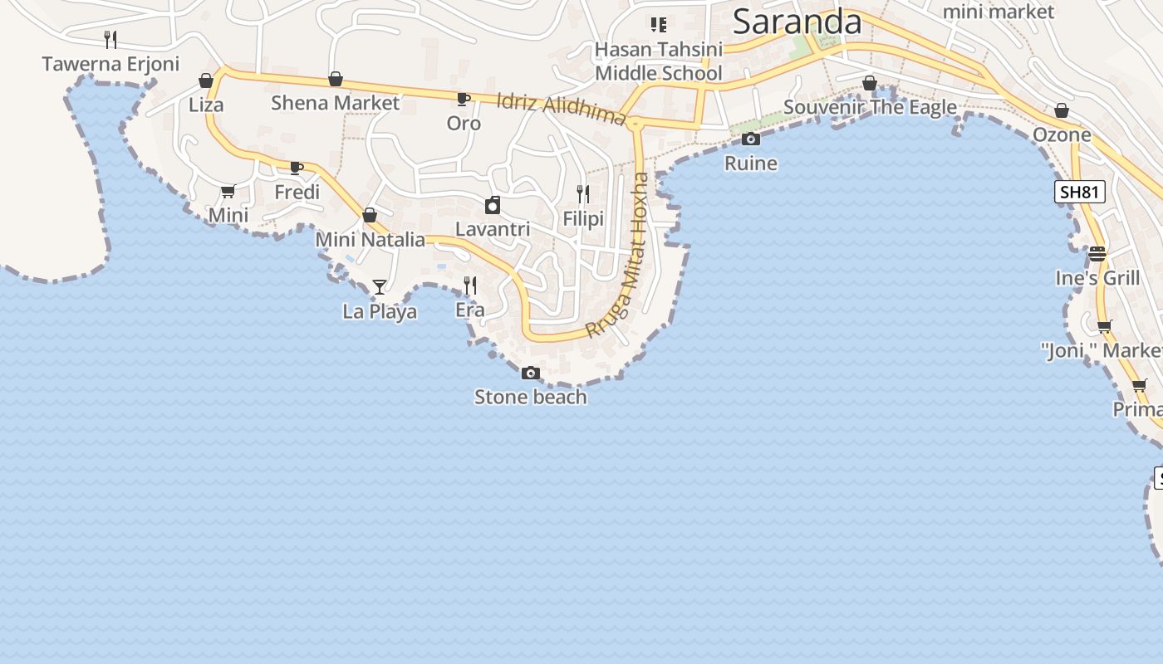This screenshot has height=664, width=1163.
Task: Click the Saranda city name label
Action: coord(797,22)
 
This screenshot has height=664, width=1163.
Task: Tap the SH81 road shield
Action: coord(1080,193)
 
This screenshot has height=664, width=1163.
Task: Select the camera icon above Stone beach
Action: coord(531,373)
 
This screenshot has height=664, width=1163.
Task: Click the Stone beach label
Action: coord(530,397)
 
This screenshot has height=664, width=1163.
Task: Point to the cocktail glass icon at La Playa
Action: coord(380,287)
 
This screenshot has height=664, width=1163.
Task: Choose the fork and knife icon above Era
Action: coord(469,286)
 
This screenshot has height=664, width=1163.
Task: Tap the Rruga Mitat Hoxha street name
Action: coord(618,254)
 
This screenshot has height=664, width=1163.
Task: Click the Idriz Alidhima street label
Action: coord(561,109)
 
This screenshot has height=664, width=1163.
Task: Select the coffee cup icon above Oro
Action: coord(464,100)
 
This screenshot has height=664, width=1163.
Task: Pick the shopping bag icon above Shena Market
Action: coord(336,79)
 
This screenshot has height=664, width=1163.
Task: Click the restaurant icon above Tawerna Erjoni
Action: coord(110,39)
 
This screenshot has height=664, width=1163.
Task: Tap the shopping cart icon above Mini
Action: coord(228,192)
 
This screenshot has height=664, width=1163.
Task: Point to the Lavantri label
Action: coord(493,228)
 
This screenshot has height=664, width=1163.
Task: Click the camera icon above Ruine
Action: coord(751,139)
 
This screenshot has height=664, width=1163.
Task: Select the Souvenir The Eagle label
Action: coord(870,107)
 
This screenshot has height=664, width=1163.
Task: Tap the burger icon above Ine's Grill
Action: coord(1097,253)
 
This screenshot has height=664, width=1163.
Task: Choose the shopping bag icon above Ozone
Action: coord(1062,110)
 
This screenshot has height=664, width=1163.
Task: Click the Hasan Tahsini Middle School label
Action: coord(659,61)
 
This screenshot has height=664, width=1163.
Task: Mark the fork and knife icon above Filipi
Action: coord(583,194)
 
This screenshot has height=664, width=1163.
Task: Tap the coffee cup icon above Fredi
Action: coord(297,168)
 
